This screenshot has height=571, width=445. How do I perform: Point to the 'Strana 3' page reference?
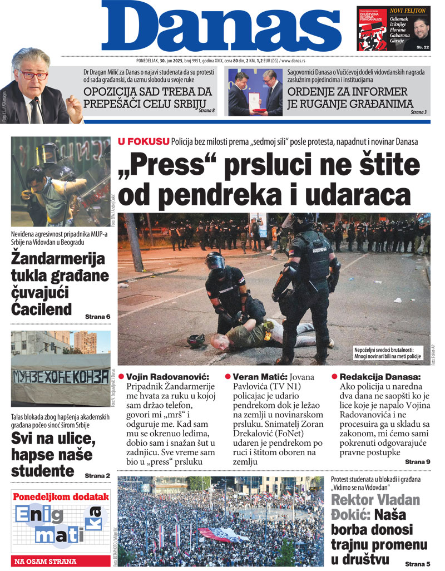click(x=419, y=112)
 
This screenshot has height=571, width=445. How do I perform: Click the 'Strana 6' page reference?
click(x=97, y=317)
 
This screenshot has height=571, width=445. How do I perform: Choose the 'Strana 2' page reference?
click(x=97, y=475)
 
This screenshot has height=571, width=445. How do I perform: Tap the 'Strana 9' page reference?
click(x=417, y=462)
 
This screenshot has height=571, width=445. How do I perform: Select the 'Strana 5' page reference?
click(x=417, y=564)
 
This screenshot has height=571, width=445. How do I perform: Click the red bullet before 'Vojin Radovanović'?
click(x=121, y=376)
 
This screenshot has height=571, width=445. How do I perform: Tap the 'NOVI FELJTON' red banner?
click(x=408, y=11)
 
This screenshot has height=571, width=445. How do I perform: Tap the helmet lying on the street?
click(x=196, y=340)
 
